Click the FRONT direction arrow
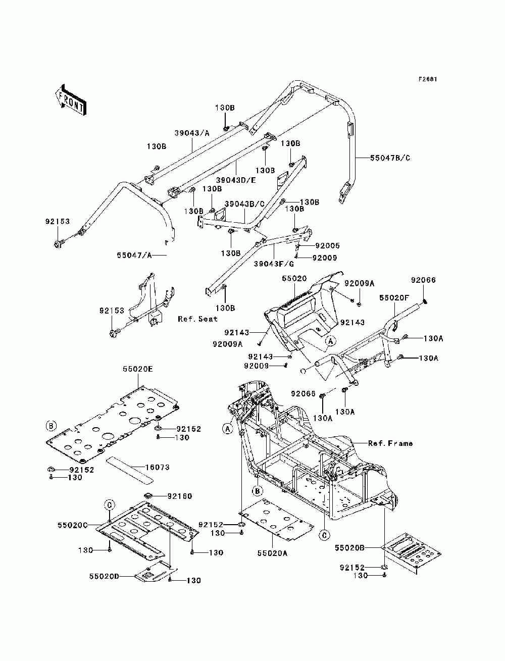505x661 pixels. coord(71,100)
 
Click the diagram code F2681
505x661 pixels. coord(427,79)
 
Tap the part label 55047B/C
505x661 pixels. coord(390,158)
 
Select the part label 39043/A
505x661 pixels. coord(192,133)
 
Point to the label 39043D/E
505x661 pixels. coord(236,180)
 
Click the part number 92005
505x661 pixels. coord(327,245)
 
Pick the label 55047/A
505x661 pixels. coord(134,256)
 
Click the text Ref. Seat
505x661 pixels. coord(197,319)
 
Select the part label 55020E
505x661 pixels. coord(138,369)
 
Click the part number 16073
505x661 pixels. coord(157,467)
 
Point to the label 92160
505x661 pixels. coord(180,496)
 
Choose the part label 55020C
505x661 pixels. coord(73,525)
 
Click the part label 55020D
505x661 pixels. coord(104,576)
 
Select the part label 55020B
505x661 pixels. coord(349,548)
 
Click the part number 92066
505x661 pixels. coord(423,280)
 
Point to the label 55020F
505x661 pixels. coord(394,298)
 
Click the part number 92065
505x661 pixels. coord(303,393)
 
